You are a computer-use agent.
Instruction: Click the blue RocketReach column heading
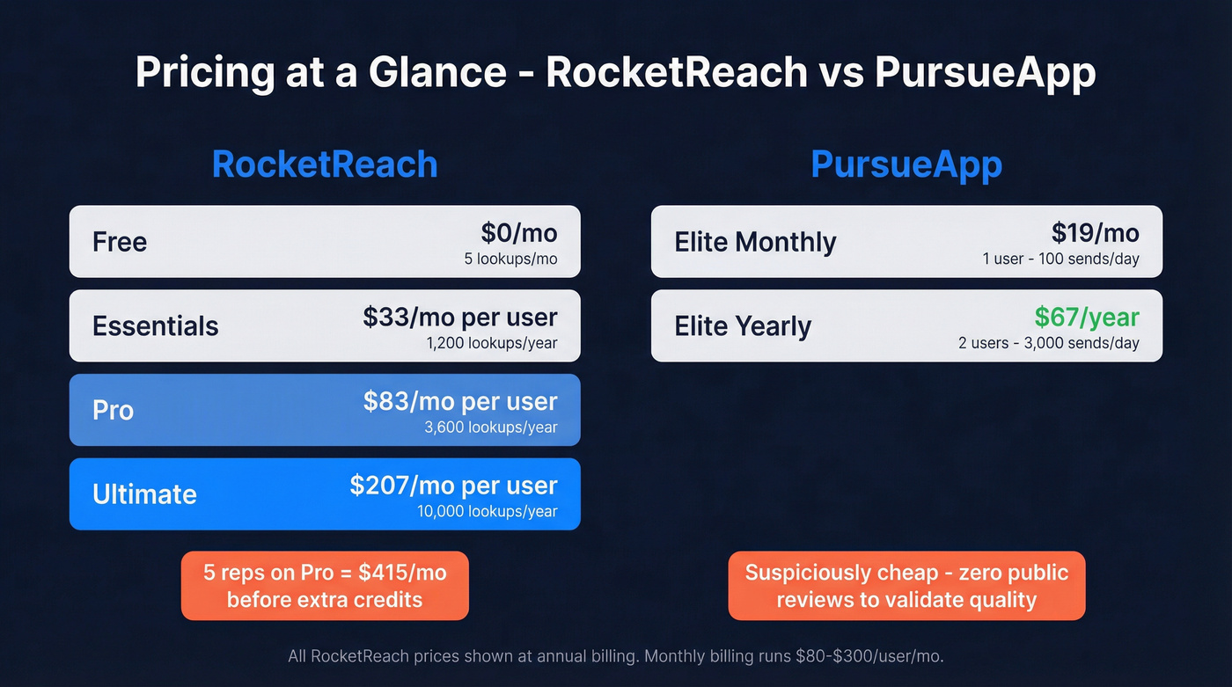(325, 164)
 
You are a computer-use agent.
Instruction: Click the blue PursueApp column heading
(906, 164)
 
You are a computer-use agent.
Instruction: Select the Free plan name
(120, 242)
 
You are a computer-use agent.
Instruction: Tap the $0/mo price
(518, 233)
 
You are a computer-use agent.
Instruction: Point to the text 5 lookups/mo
(510, 259)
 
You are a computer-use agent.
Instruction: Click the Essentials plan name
(155, 326)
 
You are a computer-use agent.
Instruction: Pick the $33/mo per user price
(459, 318)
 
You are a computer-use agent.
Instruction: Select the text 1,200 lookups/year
(491, 343)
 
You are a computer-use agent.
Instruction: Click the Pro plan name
(113, 411)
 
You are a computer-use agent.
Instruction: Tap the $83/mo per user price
(459, 402)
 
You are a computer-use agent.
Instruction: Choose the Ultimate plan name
(144, 494)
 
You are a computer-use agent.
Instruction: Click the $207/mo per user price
(453, 486)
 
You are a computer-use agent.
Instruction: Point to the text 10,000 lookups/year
(487, 511)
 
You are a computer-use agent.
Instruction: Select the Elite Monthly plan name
(755, 242)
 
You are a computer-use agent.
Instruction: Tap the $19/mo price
(1095, 233)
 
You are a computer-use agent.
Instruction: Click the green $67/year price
(1086, 318)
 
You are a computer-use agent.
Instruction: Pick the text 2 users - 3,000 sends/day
(1048, 343)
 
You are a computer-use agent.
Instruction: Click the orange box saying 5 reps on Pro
(325, 586)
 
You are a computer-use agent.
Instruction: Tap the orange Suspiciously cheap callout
(906, 586)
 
